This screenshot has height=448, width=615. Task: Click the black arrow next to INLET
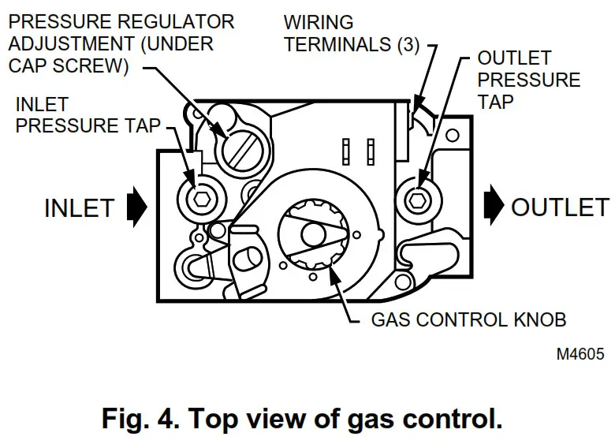pos(136,207)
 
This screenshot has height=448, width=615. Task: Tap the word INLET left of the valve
pos(79,207)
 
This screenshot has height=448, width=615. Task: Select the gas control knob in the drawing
pos(313,234)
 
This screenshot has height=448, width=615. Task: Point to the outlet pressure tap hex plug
pos(416,200)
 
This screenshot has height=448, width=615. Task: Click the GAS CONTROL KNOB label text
pos(468,321)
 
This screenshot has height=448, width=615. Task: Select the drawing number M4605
pos(583,354)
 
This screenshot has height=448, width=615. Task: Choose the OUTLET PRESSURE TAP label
pos(528,80)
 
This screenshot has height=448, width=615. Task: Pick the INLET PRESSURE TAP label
pos(88,114)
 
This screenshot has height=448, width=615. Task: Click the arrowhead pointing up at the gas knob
pos(337,275)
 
